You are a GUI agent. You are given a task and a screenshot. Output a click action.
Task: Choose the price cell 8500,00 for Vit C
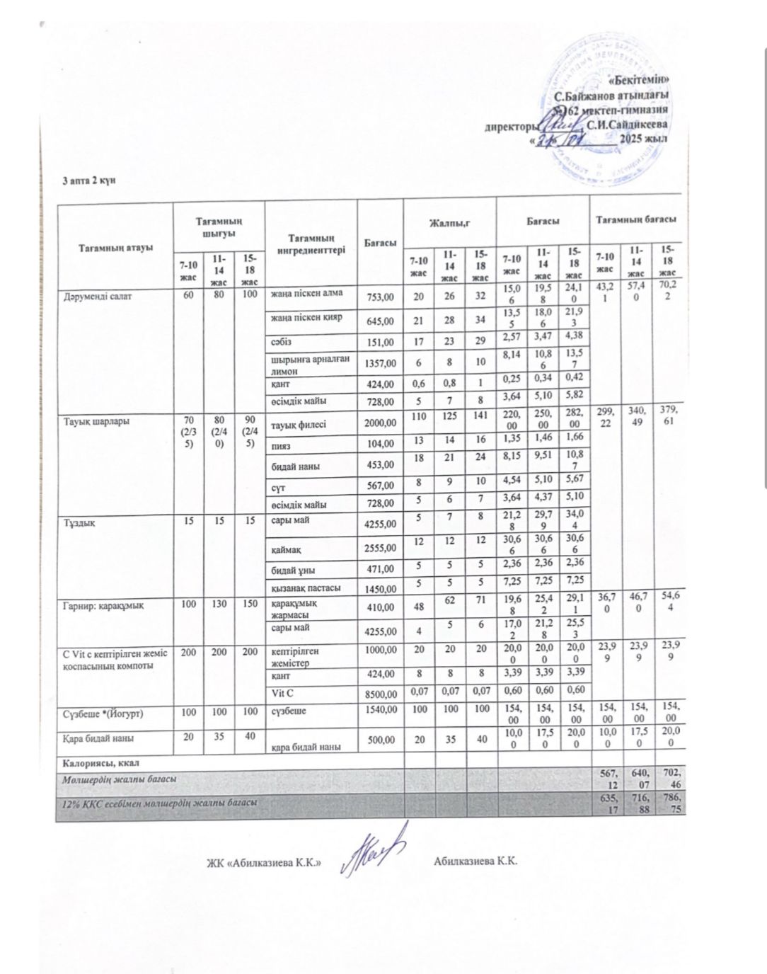379,694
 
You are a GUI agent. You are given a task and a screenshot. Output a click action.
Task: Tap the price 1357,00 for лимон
379,363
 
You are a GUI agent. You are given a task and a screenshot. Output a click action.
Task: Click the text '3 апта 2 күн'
88,181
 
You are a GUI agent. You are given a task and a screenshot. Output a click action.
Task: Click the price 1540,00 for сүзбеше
379,711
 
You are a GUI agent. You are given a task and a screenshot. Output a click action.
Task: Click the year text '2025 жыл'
644,139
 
